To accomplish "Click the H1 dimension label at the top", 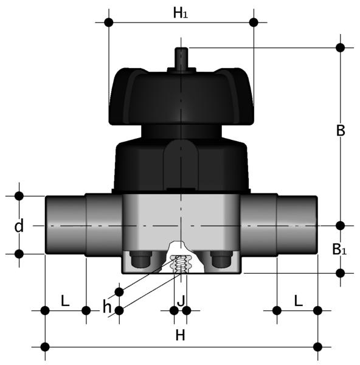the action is click(x=181, y=13).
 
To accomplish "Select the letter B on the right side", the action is click(x=341, y=131).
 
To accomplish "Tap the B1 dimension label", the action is click(x=339, y=249).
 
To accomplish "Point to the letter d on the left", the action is click(x=19, y=225).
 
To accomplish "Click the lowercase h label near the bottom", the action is click(x=107, y=307).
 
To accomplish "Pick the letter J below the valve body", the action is click(x=181, y=301).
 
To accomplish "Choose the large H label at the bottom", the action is click(x=181, y=335).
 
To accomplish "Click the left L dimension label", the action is click(x=65, y=301).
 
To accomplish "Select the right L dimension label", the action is click(x=299, y=301).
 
